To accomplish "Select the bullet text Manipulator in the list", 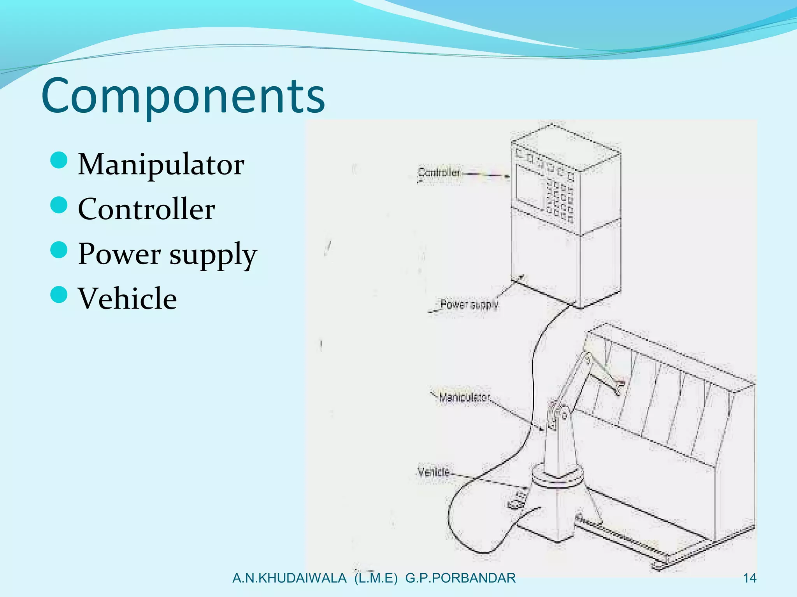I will [x=161, y=164].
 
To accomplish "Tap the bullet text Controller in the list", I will [x=146, y=209].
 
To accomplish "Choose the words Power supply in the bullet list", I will [x=167, y=254].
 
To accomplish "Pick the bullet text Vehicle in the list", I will [x=127, y=298].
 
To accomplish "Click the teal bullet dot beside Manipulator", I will [x=59, y=160].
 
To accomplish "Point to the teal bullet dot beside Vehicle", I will [x=59, y=294].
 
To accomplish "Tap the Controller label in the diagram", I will [x=439, y=172].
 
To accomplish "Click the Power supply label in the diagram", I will [x=469, y=304].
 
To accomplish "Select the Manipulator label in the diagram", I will [x=464, y=397].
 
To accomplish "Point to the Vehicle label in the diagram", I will [x=434, y=472].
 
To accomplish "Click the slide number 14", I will [x=750, y=578].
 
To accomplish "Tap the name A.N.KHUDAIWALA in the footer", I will [x=289, y=578].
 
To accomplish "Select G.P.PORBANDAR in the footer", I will [x=460, y=578].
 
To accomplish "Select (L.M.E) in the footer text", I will [x=376, y=578].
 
